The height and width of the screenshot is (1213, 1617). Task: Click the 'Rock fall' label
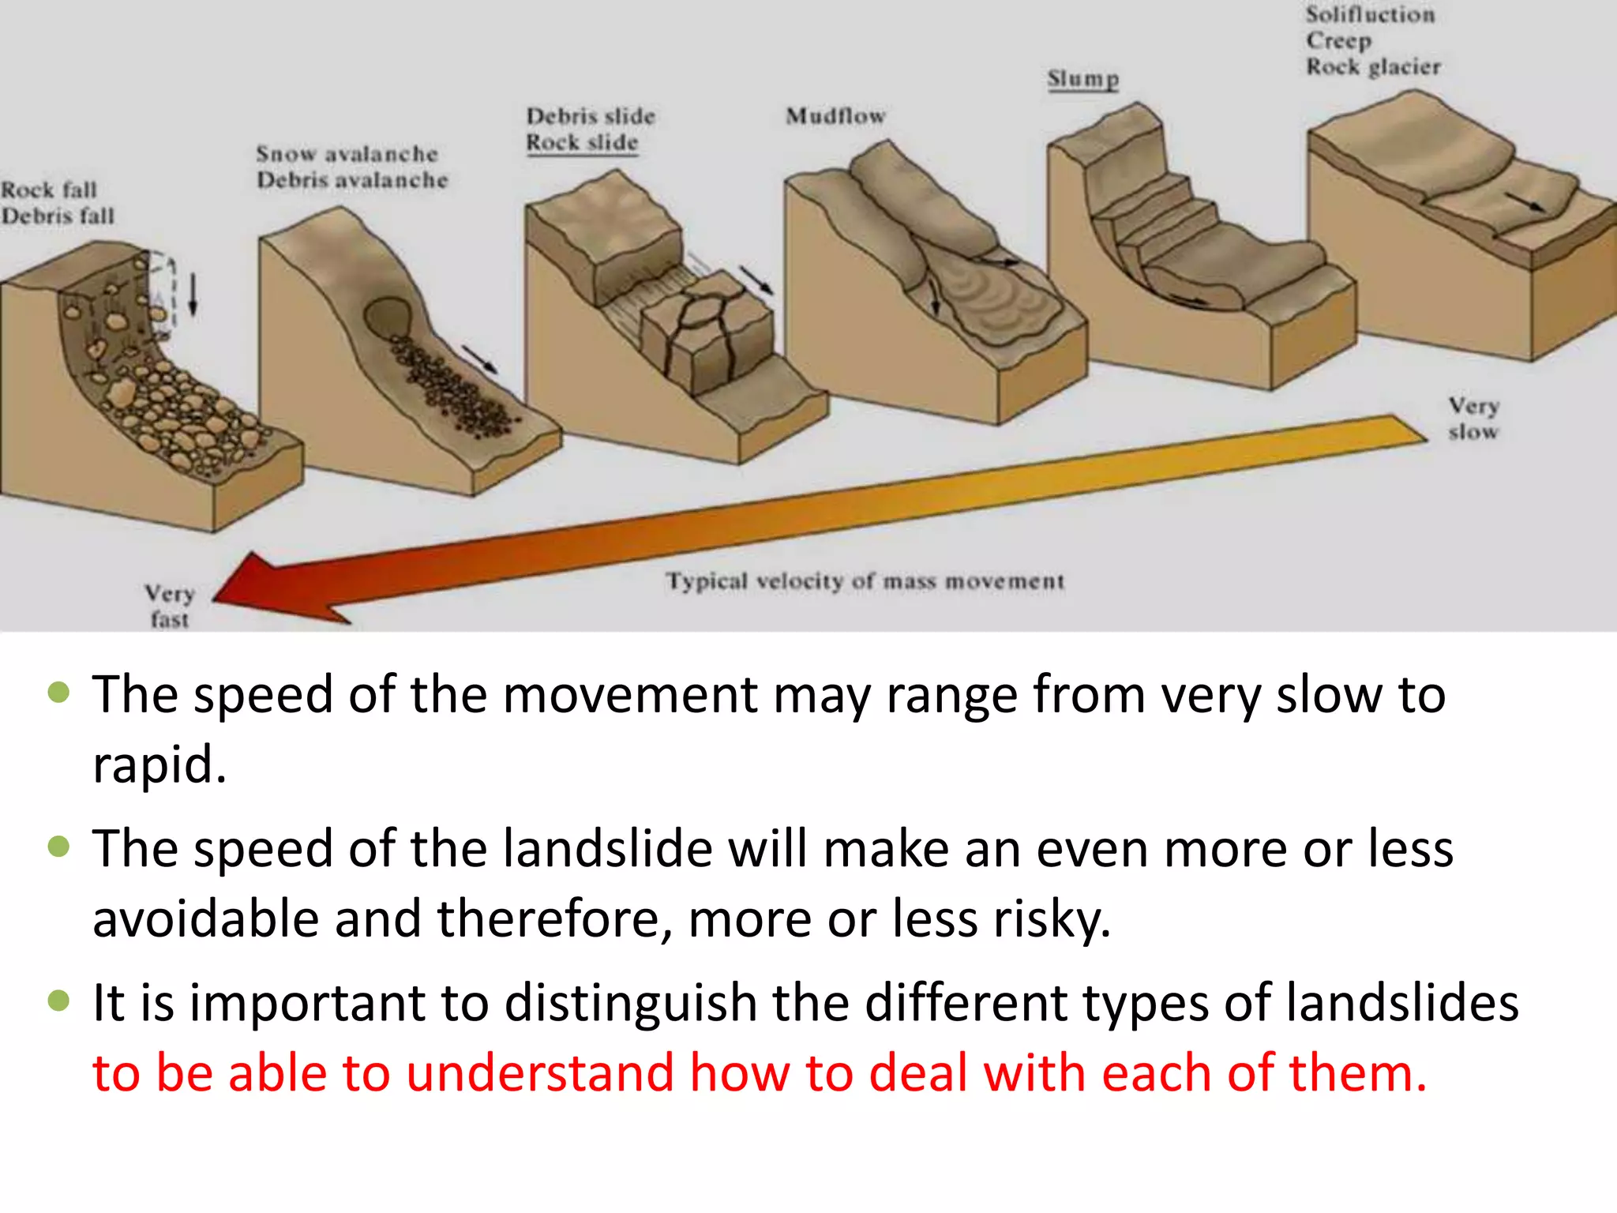(x=49, y=190)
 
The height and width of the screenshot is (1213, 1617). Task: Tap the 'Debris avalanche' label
(x=352, y=180)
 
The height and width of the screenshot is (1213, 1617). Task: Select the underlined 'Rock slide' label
(x=582, y=143)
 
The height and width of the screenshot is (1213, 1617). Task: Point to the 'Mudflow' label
(x=835, y=116)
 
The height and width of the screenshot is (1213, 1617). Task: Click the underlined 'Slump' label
(x=1082, y=79)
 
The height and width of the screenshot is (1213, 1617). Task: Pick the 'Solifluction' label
(x=1370, y=14)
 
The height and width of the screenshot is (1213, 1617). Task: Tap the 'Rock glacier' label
(x=1373, y=67)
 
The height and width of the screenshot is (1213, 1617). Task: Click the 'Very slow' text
(x=1473, y=419)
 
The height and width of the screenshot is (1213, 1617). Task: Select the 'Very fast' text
(x=169, y=606)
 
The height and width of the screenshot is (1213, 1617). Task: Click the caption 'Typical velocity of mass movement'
(x=865, y=581)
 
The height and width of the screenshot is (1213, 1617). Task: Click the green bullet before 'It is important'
(x=59, y=1001)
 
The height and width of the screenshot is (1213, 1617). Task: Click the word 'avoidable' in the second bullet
(x=205, y=918)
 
